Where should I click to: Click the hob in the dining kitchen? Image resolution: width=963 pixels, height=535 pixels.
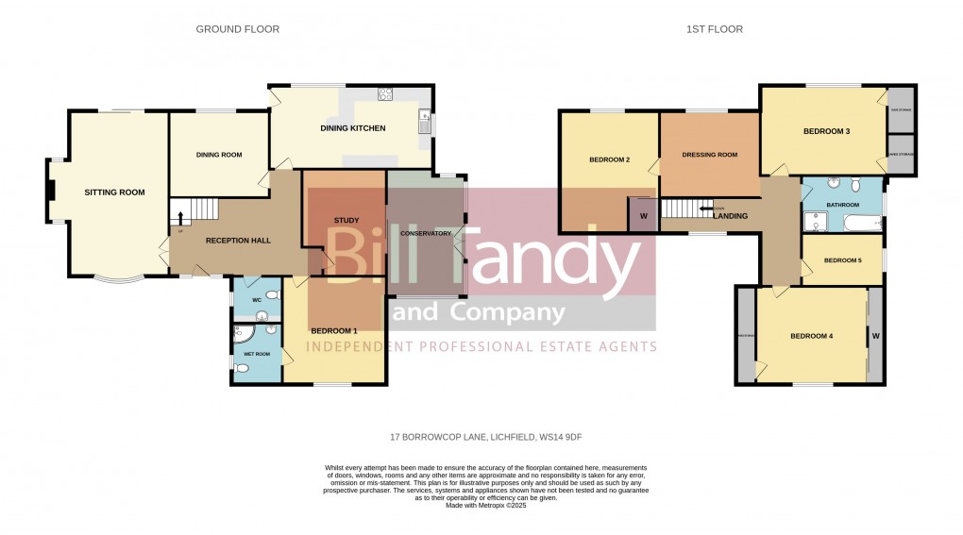[x=385, y=92]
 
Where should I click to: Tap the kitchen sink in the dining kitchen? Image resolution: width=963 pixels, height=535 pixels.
[x=425, y=122]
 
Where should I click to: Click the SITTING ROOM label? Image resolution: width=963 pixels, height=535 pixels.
[x=114, y=192]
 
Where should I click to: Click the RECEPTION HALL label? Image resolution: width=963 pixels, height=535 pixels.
[x=239, y=241]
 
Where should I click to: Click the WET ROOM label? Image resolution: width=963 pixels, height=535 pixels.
[x=257, y=354]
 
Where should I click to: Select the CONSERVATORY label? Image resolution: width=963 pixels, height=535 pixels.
[x=426, y=233]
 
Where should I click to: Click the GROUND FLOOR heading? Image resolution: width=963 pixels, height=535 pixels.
[x=237, y=29]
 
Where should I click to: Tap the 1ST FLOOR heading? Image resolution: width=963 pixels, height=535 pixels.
[x=714, y=29]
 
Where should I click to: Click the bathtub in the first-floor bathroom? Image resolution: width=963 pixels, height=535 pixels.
[x=858, y=224]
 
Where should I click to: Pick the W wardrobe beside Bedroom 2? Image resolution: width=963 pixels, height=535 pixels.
[x=643, y=215]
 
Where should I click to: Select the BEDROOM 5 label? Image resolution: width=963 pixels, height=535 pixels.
[x=842, y=260]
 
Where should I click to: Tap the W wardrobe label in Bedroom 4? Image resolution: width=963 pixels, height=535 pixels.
[x=875, y=336]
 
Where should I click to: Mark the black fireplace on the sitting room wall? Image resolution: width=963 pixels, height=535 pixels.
[x=51, y=192]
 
